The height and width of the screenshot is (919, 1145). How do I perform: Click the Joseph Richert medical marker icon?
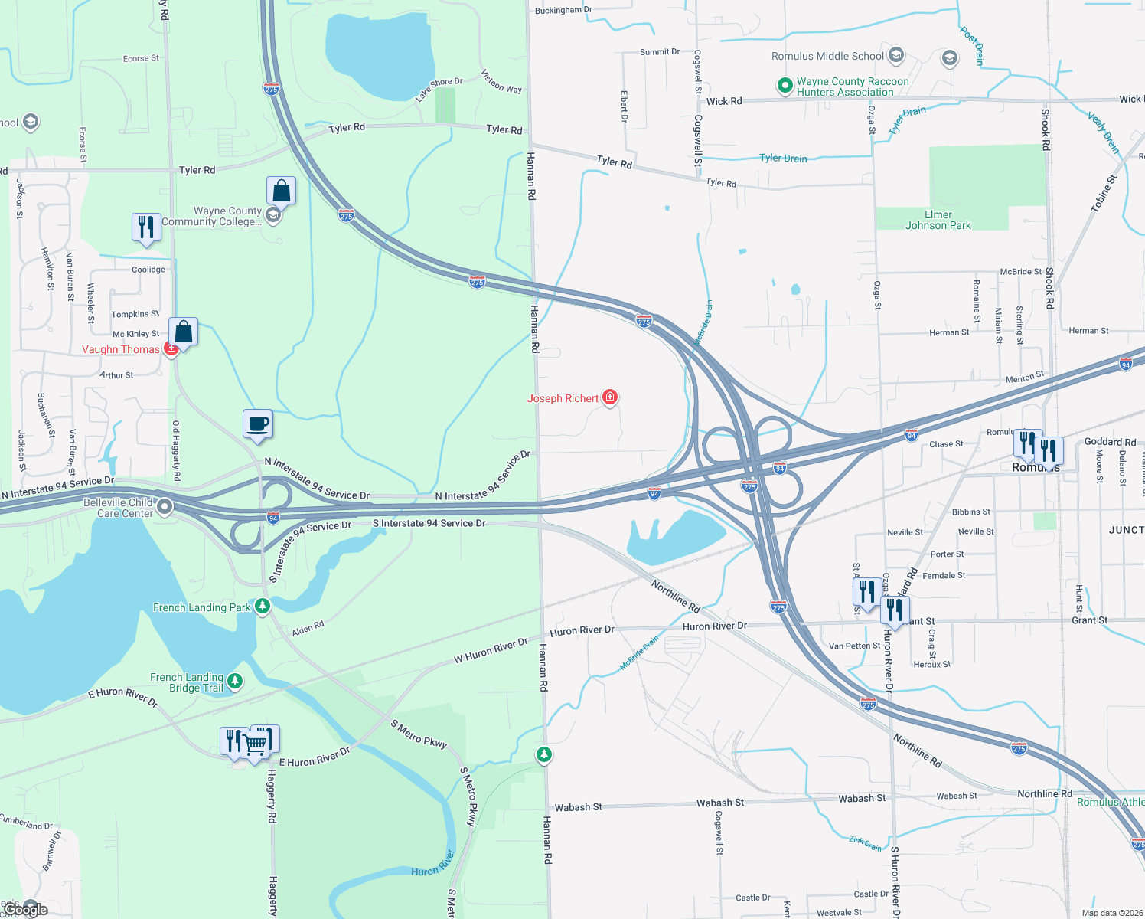tap(610, 397)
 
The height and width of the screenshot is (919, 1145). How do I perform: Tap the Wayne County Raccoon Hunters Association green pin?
tap(785, 86)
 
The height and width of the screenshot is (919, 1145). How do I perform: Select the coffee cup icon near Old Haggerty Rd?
tap(258, 424)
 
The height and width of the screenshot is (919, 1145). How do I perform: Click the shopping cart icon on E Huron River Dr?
tap(256, 744)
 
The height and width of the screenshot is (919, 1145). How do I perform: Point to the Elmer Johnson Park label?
tap(938, 221)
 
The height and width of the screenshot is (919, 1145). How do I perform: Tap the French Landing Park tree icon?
tap(263, 607)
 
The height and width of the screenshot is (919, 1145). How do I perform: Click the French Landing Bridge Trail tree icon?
tap(235, 681)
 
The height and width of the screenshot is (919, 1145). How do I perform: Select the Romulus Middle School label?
tap(827, 56)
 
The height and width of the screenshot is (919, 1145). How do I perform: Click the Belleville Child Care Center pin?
tap(165, 507)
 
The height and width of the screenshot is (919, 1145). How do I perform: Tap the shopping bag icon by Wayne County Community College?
tap(281, 191)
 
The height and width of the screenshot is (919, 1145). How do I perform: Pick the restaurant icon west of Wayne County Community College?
tap(145, 227)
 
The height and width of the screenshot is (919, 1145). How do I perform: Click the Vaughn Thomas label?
tap(121, 349)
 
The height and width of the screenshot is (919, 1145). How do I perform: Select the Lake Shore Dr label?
tap(439, 90)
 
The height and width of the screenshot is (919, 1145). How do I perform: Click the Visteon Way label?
tap(501, 81)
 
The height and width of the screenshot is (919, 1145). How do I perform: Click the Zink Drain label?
tap(865, 843)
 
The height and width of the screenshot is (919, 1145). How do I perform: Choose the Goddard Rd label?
tap(1110, 442)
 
